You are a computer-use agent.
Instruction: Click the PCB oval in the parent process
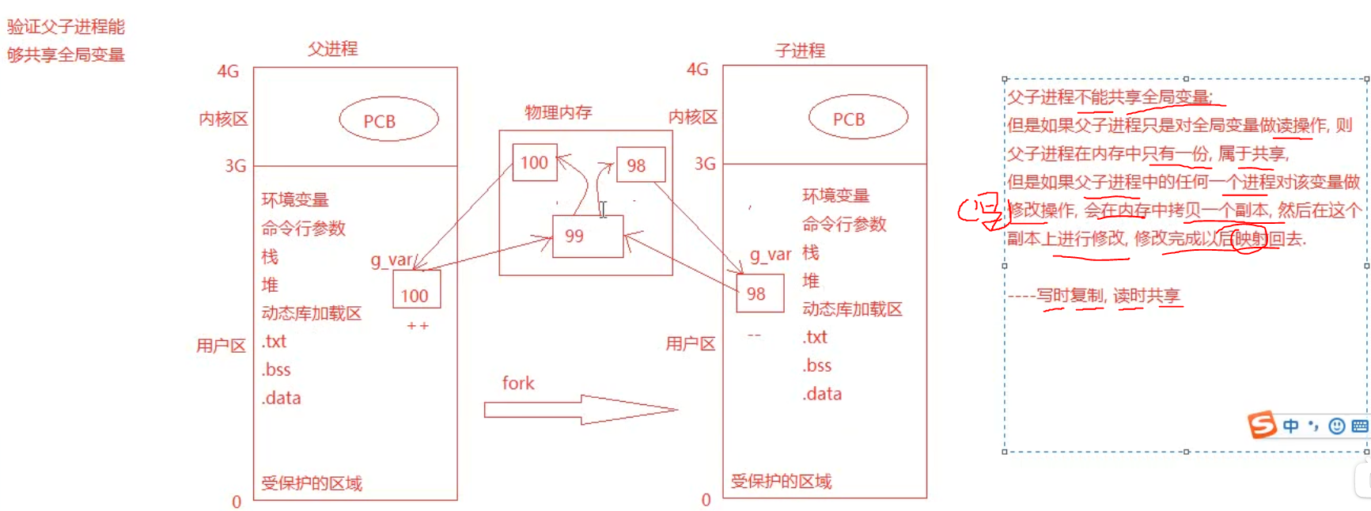[388, 120]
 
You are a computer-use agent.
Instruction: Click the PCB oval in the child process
[858, 118]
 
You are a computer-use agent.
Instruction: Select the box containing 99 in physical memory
[587, 237]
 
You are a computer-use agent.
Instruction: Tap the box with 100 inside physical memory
[534, 162]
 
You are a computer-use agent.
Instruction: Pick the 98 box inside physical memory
[640, 165]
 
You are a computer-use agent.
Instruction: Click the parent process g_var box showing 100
[416, 290]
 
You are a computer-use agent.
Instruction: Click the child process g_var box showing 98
[759, 293]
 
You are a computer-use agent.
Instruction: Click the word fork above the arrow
[518, 384]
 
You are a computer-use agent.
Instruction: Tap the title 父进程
[332, 49]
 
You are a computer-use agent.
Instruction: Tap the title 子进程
[800, 51]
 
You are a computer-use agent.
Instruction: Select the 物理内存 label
[558, 112]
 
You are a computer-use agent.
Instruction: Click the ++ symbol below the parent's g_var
[417, 326]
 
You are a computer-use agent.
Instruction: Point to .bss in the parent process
[276, 369]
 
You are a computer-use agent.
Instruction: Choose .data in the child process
[822, 394]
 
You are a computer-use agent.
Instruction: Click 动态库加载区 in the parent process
[311, 313]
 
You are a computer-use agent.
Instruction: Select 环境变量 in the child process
[835, 195]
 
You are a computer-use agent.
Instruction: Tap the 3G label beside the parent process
[235, 166]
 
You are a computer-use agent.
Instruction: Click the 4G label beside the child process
[697, 70]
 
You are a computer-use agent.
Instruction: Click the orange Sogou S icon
[1262, 425]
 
